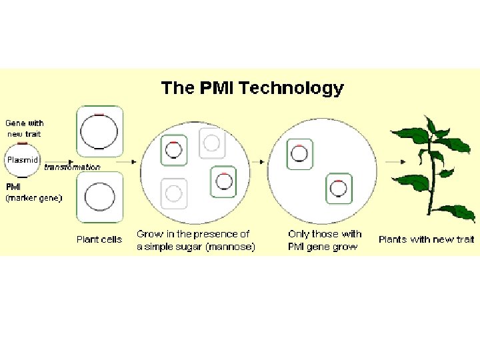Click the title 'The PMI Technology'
(252, 88)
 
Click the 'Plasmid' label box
(23, 160)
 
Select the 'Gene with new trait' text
(25, 128)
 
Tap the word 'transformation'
(72, 167)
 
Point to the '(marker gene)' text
(34, 197)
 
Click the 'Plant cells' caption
(99, 239)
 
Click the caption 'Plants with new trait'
(426, 239)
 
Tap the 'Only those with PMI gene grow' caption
(324, 240)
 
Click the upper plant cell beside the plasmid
(100, 130)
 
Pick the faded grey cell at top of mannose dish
(211, 143)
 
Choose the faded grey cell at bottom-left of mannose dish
(173, 193)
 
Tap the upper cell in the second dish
(299, 154)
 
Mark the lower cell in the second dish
(339, 189)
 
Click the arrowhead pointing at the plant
(405, 161)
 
